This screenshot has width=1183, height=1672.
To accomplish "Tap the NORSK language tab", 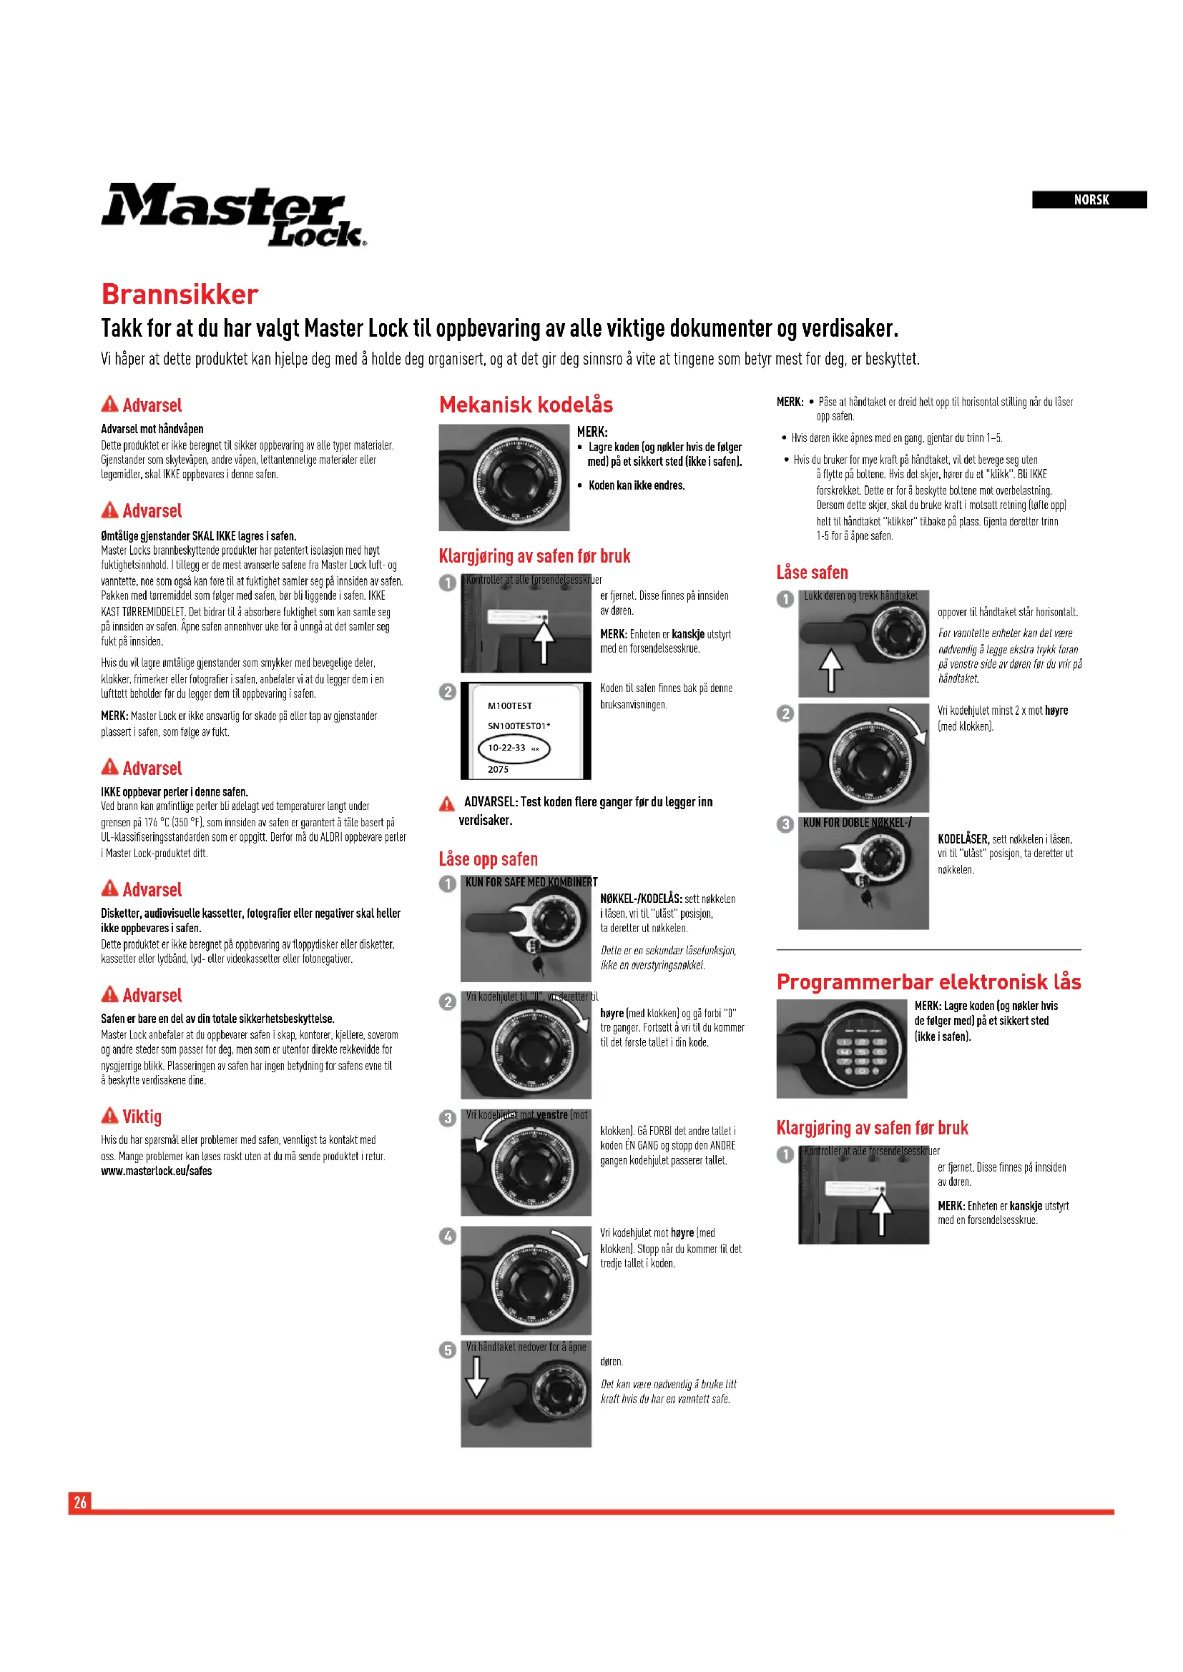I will tap(1090, 199).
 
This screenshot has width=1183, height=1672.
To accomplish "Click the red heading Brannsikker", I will tap(180, 295).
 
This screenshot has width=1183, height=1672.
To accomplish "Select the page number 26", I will tap(80, 1502).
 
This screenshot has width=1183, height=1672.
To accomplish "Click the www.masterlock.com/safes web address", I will tap(156, 1171).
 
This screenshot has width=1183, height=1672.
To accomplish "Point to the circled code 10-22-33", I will tap(513, 748).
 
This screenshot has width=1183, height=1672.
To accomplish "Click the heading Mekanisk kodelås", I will tap(525, 405).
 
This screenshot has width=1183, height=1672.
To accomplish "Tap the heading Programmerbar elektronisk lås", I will tap(928, 981).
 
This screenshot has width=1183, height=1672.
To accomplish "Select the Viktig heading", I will tap(142, 1117).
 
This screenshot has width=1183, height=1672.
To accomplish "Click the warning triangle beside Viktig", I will tap(110, 1115).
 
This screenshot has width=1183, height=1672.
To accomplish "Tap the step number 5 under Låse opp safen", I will tap(447, 1350).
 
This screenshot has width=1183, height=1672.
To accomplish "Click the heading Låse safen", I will tap(812, 573).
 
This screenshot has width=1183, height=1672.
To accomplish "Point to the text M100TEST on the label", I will tap(510, 706).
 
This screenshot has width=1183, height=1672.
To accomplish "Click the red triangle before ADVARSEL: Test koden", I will tap(446, 803).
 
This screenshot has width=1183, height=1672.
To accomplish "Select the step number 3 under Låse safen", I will tap(785, 823).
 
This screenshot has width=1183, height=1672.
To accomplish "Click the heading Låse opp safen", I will tap(487, 859).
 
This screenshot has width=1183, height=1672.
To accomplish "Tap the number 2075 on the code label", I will tap(499, 769).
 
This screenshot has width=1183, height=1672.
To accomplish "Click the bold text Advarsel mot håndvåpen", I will tap(152, 429).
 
